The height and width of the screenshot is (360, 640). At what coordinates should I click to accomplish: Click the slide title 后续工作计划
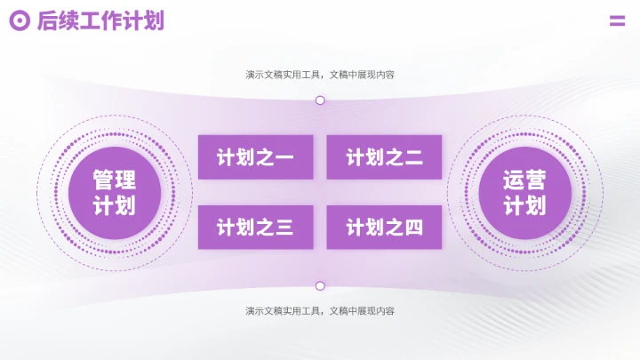[100, 21]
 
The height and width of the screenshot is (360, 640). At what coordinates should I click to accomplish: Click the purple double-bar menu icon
[617, 21]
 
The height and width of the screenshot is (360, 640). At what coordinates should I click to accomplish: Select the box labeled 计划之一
[255, 157]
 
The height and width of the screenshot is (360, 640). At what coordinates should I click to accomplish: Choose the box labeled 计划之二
[384, 157]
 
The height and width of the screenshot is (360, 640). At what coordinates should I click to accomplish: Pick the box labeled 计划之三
[255, 228]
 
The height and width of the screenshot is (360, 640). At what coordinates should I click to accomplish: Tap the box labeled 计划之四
[384, 228]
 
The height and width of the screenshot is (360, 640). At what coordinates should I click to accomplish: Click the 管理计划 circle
[115, 193]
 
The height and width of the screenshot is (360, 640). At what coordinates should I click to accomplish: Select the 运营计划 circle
[524, 193]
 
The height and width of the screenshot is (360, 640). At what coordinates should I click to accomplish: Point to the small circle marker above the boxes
[320, 100]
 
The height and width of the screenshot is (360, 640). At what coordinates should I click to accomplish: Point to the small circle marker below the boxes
[320, 286]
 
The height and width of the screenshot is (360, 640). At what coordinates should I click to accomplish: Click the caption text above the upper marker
[320, 75]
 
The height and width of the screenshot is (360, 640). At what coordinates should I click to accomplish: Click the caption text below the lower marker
[320, 311]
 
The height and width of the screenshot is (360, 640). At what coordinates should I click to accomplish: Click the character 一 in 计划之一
[284, 158]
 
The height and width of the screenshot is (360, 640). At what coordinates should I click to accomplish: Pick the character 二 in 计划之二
[413, 158]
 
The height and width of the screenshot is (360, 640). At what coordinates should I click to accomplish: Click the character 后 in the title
[47, 21]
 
